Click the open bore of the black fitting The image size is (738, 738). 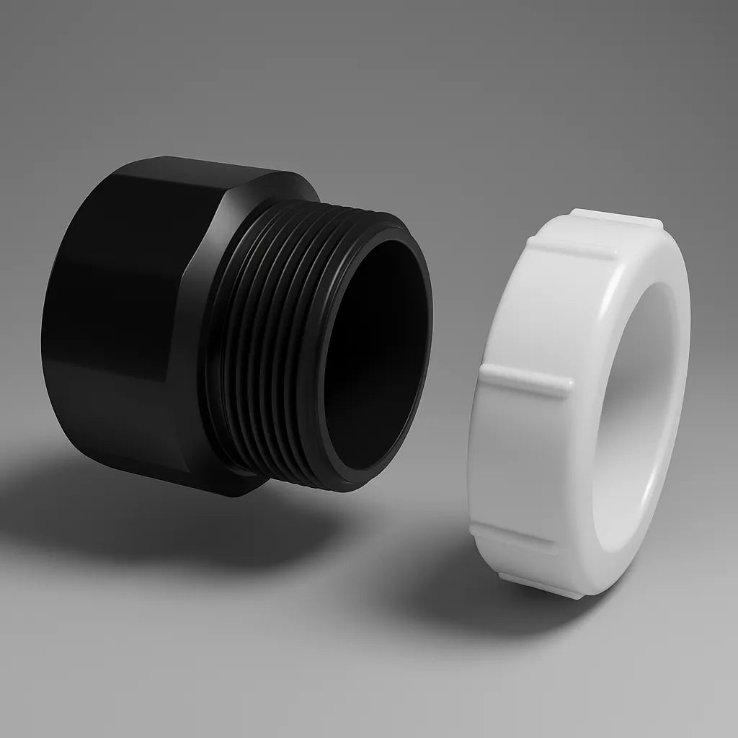pyautogui.click(x=375, y=360)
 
